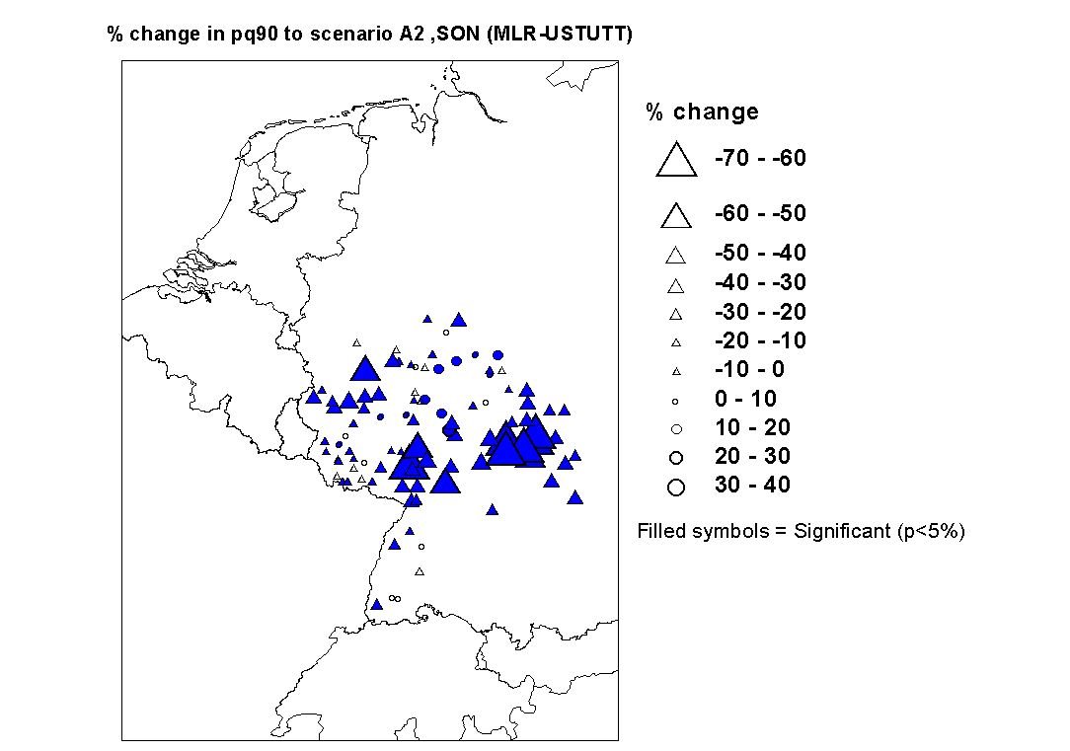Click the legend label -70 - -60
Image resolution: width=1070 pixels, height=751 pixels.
(759, 158)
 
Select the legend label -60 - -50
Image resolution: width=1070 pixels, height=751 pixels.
(759, 213)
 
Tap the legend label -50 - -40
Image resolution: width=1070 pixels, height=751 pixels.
(759, 254)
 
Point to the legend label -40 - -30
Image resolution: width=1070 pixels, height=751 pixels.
(759, 283)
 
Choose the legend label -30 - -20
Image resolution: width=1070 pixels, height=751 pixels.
(759, 313)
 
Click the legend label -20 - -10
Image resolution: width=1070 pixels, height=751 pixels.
(759, 341)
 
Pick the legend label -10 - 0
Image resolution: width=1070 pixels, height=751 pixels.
(749, 370)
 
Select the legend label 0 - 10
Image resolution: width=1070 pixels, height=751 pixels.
(745, 400)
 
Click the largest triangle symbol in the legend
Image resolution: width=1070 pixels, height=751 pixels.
(676, 160)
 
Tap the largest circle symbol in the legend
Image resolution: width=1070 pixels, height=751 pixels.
(676, 487)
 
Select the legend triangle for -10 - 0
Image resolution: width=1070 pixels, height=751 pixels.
(676, 371)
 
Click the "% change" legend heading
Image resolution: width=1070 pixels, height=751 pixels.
(702, 112)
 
